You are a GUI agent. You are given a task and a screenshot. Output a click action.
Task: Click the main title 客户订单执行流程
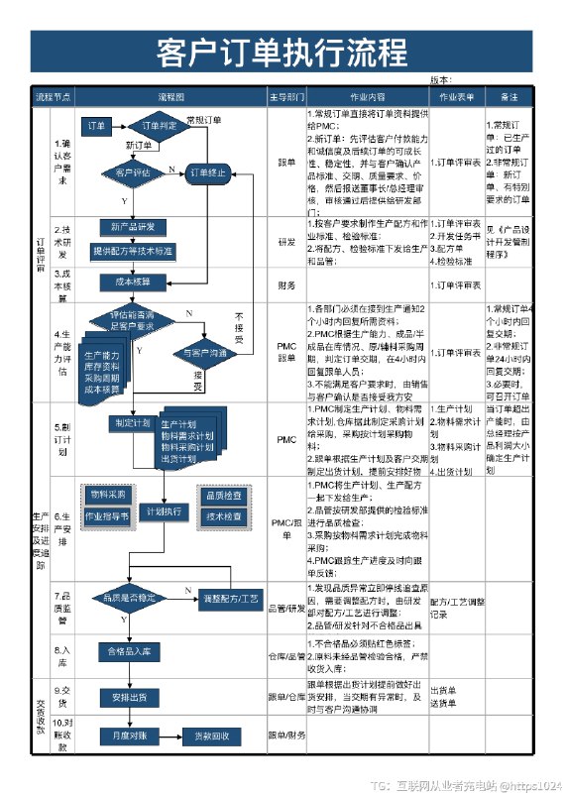283,52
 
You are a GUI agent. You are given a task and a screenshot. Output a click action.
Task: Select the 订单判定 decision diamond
159,126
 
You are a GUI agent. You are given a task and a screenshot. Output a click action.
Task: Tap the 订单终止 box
204,172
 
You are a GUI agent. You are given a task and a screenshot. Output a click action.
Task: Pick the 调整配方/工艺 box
230,599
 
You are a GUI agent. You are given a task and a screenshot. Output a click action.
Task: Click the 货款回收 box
211,736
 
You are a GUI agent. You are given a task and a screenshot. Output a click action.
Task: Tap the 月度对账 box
129,736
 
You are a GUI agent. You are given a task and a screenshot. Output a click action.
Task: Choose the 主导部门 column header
286,97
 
